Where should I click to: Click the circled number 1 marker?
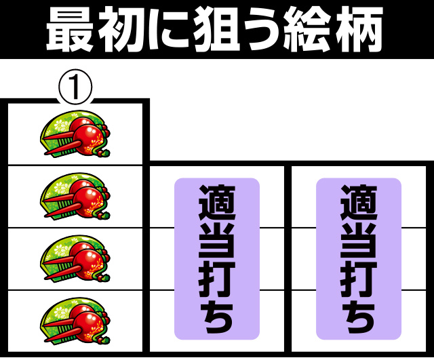[75, 87]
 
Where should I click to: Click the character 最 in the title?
[70, 29]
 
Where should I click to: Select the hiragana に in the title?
[169, 30]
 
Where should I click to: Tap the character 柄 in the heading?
[359, 29]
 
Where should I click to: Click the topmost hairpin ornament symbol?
[75, 134]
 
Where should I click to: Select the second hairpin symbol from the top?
[75, 197]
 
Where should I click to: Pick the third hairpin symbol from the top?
[75, 259]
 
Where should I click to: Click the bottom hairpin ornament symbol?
[75, 321]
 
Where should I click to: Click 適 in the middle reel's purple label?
[217, 202]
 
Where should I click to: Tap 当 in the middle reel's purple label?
[217, 241]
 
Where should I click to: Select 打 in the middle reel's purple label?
[217, 279]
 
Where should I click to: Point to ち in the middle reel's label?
[218, 317]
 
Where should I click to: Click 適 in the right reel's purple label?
[359, 202]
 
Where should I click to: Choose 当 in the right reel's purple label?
[359, 241]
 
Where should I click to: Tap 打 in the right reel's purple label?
[359, 279]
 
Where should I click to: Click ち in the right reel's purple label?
[359, 317]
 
